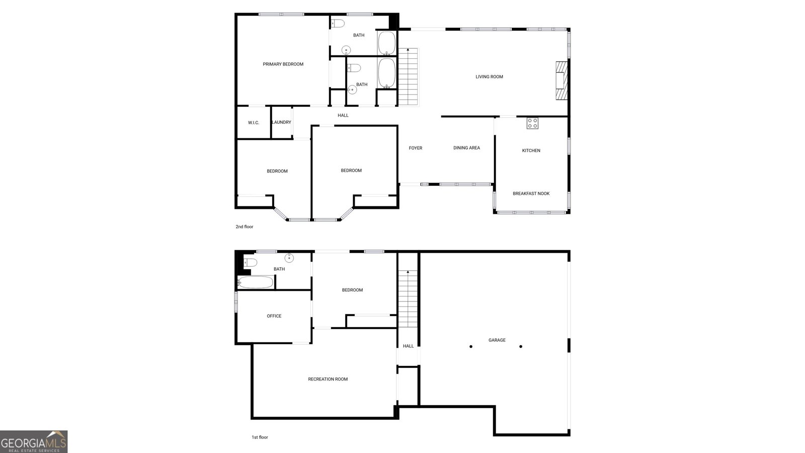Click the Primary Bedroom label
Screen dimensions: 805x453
pos(283,64)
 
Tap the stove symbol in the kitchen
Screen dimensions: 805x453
pos(532,123)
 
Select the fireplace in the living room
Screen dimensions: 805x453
pos(561,81)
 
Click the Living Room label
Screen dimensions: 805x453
pos(489,77)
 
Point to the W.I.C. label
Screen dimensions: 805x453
pos(254,123)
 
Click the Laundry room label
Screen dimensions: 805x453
pos(281,122)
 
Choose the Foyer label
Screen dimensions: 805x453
pos(416,148)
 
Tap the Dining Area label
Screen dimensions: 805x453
pos(466,148)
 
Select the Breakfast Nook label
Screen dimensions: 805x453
pos(531,193)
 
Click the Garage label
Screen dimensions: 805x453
pos(497,340)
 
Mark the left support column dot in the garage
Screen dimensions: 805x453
pos(471,347)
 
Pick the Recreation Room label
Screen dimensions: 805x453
pos(328,380)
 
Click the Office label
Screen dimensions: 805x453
pos(274,316)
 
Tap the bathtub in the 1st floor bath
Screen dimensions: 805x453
pos(256,282)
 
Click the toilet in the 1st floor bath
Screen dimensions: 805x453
pos(251,263)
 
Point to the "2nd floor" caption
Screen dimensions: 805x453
pos(245,227)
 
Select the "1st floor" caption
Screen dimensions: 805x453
pos(260,437)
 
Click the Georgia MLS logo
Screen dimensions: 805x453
pos(34,442)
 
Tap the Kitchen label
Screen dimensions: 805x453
pos(531,150)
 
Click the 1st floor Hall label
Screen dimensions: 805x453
pos(408,346)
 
